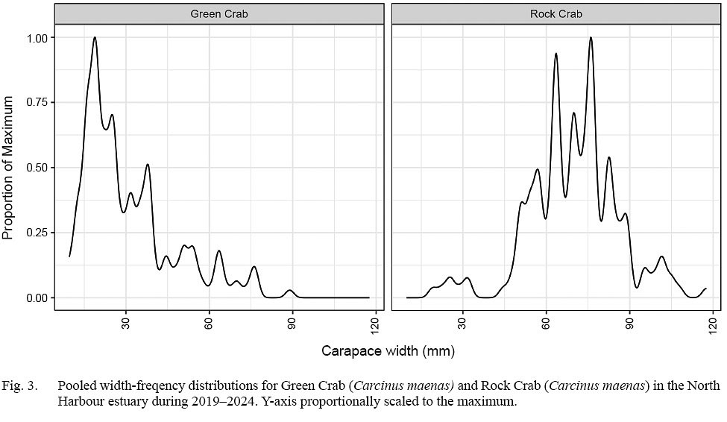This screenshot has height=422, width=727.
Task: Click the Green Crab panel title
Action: [220, 13]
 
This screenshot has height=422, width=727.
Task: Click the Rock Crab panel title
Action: [556, 13]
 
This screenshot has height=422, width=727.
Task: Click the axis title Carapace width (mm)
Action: [388, 350]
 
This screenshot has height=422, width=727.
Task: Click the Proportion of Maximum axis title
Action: [9, 168]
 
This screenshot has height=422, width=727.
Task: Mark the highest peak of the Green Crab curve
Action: [95, 37]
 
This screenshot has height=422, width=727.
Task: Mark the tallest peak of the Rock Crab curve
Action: [591, 37]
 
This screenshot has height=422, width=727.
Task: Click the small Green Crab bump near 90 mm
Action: [290, 290]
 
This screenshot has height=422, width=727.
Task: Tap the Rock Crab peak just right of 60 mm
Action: [556, 54]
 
